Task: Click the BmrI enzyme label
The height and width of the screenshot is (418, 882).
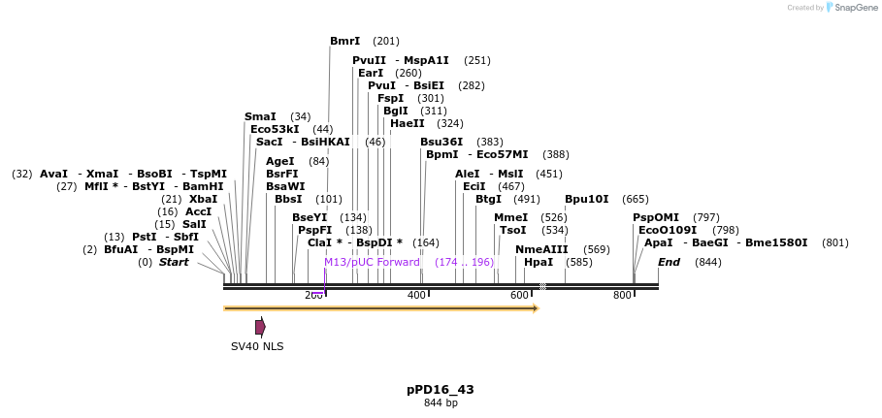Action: [344, 41]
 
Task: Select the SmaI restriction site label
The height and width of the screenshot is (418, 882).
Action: [260, 116]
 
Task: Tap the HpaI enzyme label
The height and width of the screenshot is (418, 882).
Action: [538, 262]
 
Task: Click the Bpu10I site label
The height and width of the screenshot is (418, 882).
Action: [586, 199]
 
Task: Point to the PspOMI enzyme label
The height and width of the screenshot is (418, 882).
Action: [656, 217]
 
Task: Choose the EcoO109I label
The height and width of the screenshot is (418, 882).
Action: [668, 230]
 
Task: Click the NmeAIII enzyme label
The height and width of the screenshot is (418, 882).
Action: [541, 249]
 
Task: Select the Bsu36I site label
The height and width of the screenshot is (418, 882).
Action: [441, 142]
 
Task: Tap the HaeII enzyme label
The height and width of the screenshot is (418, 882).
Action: [407, 123]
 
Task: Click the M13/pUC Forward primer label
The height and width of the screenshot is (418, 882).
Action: [372, 262]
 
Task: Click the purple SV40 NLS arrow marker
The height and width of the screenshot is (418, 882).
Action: [260, 327]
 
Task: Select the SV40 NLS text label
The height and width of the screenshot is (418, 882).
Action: [257, 346]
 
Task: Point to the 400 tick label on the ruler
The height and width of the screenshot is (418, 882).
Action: [416, 295]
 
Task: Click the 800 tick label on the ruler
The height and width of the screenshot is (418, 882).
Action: [622, 295]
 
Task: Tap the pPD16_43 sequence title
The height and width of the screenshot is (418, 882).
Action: [441, 389]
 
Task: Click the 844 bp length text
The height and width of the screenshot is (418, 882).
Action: [441, 402]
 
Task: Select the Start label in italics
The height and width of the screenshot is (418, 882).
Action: [174, 262]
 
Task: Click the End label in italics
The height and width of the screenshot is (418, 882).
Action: [669, 262]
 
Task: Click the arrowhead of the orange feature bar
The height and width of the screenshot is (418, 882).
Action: [535, 308]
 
